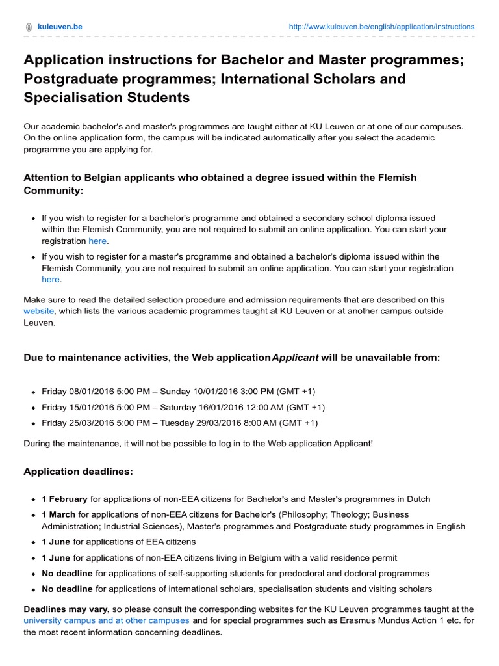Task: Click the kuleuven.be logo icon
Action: point(28,27)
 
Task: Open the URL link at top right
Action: point(381,27)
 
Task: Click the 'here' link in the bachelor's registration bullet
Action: point(97,241)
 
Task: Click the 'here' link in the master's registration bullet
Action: point(51,279)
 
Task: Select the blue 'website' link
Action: point(39,311)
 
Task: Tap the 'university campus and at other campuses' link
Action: point(107,620)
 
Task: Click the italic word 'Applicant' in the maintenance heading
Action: point(295,358)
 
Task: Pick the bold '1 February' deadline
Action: point(64,499)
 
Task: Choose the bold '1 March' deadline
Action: point(58,514)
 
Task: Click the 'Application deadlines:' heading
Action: point(78,472)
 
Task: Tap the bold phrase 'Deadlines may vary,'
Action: point(67,609)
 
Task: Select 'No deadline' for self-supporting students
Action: point(67,573)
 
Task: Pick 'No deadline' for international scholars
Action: point(67,589)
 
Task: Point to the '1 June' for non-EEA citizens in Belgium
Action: point(56,557)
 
